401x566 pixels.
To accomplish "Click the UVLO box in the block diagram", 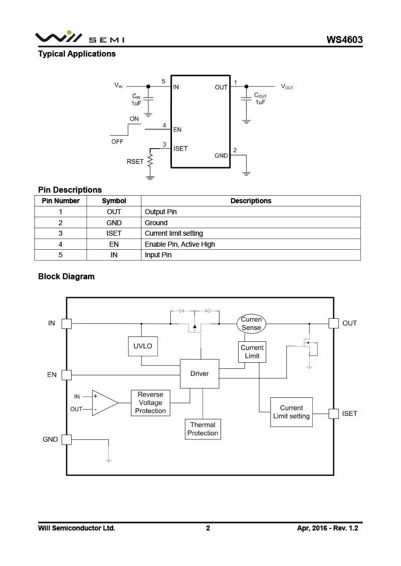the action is click(143, 346).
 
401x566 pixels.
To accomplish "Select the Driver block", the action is click(199, 374).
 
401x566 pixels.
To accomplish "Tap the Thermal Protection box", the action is click(203, 429).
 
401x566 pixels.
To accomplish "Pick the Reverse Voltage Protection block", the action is click(150, 403).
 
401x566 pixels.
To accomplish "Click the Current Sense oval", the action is click(251, 323).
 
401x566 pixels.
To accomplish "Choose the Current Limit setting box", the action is click(291, 412).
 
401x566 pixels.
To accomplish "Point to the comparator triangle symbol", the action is click(105, 403).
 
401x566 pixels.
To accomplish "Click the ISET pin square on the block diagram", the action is click(333, 414).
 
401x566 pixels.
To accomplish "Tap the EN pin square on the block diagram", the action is click(67, 375).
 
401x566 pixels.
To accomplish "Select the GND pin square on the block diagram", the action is click(67, 440).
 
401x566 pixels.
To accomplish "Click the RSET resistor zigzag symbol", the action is click(150, 161).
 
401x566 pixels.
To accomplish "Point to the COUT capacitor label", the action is click(260, 95).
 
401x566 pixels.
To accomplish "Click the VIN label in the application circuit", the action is click(119, 86).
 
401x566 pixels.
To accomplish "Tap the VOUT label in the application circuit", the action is click(287, 87).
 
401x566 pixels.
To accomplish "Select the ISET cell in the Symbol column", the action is click(114, 233).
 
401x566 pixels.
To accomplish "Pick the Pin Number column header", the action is click(60, 201).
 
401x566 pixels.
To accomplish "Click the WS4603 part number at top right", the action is click(344, 40).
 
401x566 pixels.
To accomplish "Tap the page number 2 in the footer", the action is click(208, 528).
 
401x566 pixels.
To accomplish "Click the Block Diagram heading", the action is click(66, 277).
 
